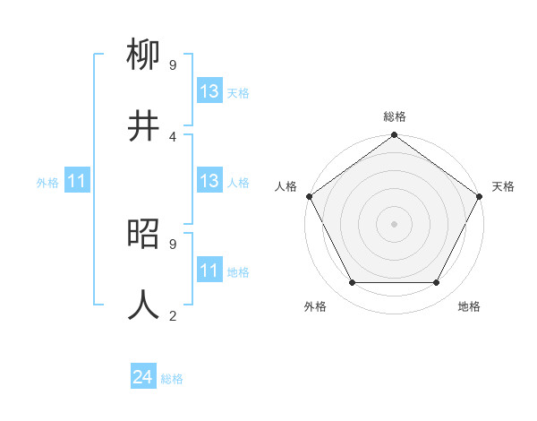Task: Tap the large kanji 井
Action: click(144, 126)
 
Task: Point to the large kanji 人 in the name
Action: click(144, 305)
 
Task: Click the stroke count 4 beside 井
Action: click(172, 136)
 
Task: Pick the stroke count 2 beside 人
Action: click(172, 315)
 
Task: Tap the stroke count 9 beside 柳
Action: click(172, 65)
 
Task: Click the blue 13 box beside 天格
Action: click(209, 92)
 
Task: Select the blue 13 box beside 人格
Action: click(209, 182)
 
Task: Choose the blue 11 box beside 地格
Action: click(209, 271)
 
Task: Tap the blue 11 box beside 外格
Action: click(76, 182)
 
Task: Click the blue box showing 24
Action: click(143, 378)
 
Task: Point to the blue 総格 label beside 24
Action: click(172, 379)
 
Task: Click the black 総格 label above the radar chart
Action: click(394, 116)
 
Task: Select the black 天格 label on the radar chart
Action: click(503, 186)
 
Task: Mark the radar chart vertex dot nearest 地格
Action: click(437, 283)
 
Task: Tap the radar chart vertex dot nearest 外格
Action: click(352, 283)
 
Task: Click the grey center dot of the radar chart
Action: click(394, 224)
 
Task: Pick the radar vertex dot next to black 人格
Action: click(309, 196)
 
